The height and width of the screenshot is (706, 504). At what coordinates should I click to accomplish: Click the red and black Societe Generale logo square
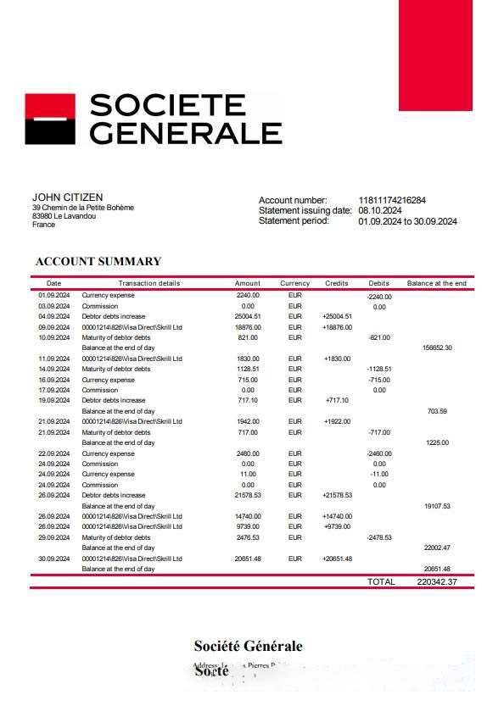tap(50, 120)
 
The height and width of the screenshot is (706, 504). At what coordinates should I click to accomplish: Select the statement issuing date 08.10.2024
tap(379, 211)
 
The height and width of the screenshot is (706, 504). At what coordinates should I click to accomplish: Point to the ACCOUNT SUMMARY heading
tap(98, 262)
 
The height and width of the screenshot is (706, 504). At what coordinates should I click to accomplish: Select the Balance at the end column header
tap(436, 283)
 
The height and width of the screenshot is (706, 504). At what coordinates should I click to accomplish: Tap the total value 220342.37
tap(437, 582)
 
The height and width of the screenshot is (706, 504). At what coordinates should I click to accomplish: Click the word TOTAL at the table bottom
tap(380, 582)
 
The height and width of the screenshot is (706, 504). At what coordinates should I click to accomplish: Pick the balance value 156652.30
tap(437, 347)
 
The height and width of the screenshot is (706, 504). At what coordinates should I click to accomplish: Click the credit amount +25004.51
tap(337, 316)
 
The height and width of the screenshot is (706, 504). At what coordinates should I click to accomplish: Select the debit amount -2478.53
tap(378, 537)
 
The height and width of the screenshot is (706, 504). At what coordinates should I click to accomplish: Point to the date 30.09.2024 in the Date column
tap(53, 559)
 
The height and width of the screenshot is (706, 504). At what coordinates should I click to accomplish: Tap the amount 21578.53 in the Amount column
tap(248, 495)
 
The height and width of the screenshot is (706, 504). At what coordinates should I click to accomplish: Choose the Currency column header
tap(294, 283)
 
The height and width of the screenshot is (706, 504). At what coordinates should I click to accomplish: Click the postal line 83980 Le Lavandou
tap(64, 216)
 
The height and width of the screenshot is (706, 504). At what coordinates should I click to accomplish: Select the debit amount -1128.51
tap(378, 369)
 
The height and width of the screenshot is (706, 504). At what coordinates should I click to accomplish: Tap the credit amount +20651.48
tap(337, 559)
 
